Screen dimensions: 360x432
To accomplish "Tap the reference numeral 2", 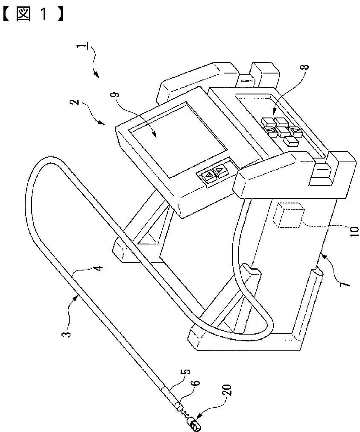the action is pyautogui.click(x=76, y=102).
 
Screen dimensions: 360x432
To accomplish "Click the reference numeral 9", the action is pyautogui.click(x=116, y=94).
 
